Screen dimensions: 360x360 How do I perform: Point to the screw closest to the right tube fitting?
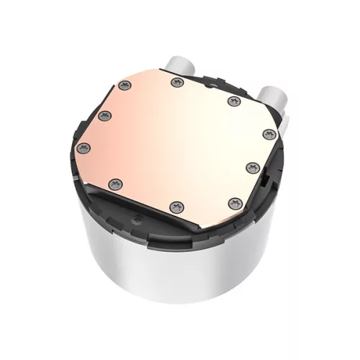(x=233, y=101)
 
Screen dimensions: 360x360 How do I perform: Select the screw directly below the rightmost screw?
(x=251, y=166)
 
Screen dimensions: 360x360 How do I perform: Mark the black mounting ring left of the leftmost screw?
(x=78, y=155)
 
